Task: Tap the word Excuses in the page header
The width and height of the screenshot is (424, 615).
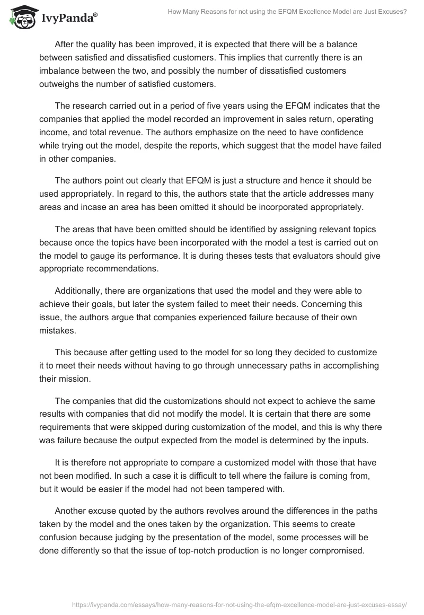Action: [x=393, y=11]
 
